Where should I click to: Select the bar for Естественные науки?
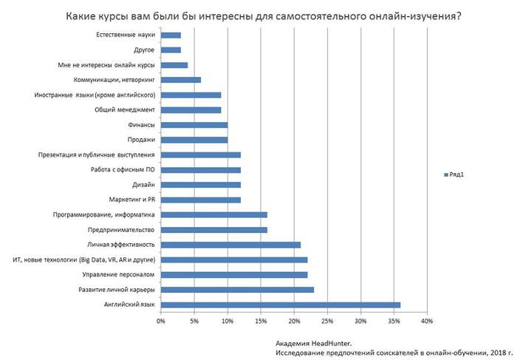tap(171, 35)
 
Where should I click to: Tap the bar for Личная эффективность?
tap(230, 244)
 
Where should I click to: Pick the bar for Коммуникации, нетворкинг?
tap(181, 80)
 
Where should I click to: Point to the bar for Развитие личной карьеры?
tap(237, 289)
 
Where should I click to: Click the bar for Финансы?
tap(194, 125)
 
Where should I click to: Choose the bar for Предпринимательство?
tap(214, 229)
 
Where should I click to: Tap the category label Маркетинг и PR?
tap(132, 200)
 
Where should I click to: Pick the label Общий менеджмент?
tap(126, 110)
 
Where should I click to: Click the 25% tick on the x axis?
tap(327, 320)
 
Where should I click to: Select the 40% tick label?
tap(427, 320)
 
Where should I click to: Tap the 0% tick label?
tap(161, 320)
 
